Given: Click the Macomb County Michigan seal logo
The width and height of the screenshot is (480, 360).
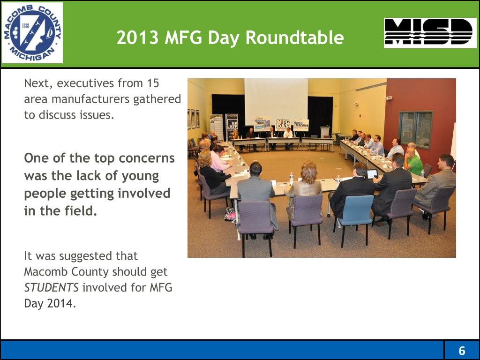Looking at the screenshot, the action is pyautogui.click(x=32, y=33).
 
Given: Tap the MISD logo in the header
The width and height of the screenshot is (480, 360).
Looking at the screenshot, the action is pyautogui.click(x=430, y=33).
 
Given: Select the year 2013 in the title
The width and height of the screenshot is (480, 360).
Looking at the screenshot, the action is pyautogui.click(x=138, y=37).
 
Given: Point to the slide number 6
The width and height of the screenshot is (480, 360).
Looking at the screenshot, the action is pyautogui.click(x=462, y=351).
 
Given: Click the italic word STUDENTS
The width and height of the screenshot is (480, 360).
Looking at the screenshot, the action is pyautogui.click(x=51, y=287).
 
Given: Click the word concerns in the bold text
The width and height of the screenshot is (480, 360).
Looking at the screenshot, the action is pyautogui.click(x=146, y=158).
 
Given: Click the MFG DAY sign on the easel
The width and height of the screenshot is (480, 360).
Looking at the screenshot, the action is pyautogui.click(x=283, y=125).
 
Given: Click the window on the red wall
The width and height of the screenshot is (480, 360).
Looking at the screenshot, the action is pyautogui.click(x=416, y=129).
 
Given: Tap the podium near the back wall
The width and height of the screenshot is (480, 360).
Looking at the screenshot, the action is pyautogui.click(x=325, y=132).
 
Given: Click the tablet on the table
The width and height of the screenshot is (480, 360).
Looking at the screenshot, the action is pyautogui.click(x=372, y=174).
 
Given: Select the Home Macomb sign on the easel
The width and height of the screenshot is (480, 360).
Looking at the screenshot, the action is pyautogui.click(x=301, y=125).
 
